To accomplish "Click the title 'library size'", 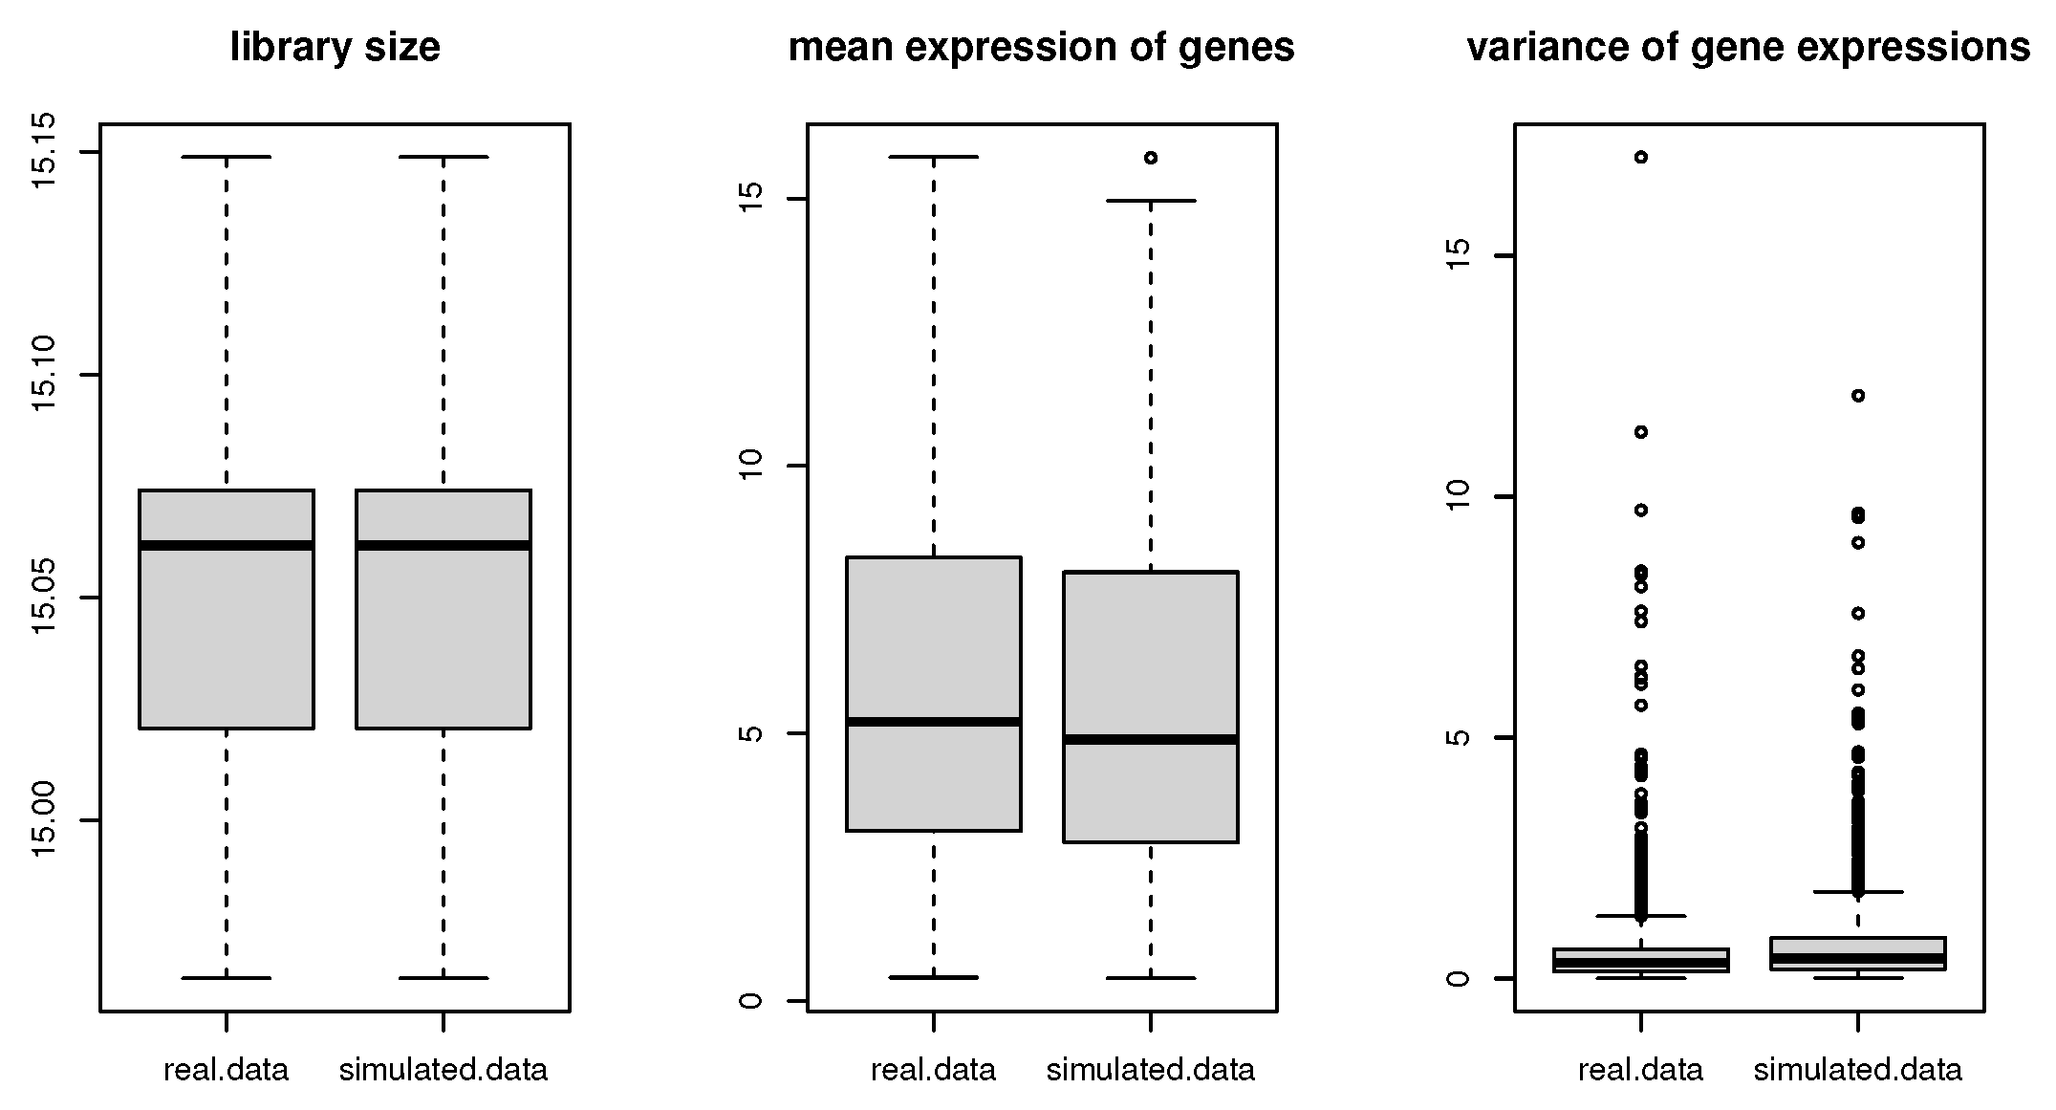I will click(335, 47).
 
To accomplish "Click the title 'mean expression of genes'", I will click(1041, 47).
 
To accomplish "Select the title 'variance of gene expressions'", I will click(1748, 47).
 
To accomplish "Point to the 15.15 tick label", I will click(44, 152).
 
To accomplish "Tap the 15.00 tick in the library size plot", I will click(44, 819).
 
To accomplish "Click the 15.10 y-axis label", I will click(44, 375).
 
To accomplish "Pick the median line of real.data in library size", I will click(227, 545).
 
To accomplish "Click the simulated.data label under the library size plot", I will click(444, 1069).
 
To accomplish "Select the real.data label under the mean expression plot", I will click(933, 1069).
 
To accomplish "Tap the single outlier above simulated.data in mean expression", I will click(1151, 158).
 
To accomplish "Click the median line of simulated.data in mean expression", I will click(1151, 739).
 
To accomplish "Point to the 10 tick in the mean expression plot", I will click(751, 466).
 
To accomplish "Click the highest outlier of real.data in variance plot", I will click(1640, 157).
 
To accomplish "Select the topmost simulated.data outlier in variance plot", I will click(1858, 395).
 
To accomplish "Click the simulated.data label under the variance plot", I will click(1857, 1069).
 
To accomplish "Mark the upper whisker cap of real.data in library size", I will click(227, 156).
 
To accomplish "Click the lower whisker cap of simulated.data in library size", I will click(444, 978).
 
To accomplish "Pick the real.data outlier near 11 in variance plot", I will click(1640, 432).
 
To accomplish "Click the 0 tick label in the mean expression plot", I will click(751, 1001).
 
